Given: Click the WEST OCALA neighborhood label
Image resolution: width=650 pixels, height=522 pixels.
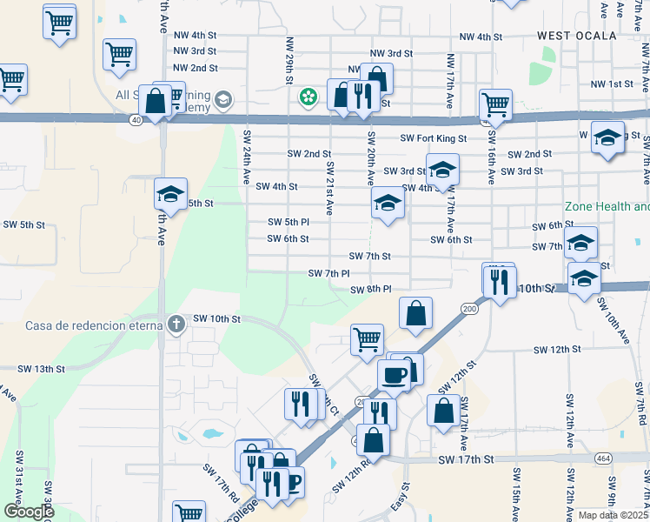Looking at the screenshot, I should click(x=576, y=36).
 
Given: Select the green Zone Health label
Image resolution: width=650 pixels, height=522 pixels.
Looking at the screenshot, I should click(x=607, y=207).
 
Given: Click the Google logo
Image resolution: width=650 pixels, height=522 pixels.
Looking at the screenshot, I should click(x=29, y=512).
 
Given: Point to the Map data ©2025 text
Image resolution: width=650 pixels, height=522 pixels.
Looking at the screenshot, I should click(x=614, y=515).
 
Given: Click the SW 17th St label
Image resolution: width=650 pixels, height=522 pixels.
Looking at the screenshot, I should click(x=466, y=459).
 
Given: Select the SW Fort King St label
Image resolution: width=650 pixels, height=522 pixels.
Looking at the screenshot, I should click(x=434, y=138).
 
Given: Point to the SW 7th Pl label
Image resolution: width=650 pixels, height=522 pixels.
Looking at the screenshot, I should click(x=328, y=273).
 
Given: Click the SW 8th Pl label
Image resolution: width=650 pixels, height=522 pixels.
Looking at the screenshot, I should click(x=371, y=290).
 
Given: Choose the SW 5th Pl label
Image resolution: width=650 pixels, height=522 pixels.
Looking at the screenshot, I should click(x=289, y=222).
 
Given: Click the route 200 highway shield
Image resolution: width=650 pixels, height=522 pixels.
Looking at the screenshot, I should click(x=470, y=309).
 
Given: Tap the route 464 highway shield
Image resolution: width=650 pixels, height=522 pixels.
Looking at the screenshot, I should click(x=603, y=457).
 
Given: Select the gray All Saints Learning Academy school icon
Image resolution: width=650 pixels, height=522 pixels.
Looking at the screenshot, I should click(x=224, y=98).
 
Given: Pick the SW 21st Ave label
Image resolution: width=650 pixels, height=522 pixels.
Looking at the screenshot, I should click(x=329, y=187).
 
